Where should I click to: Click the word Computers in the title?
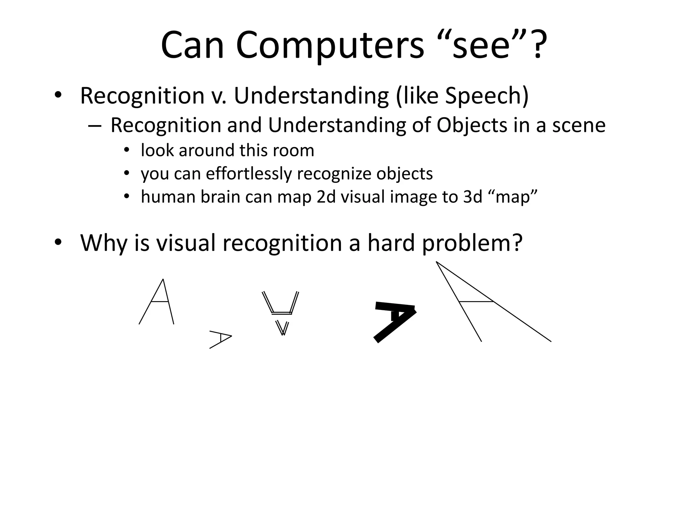(x=329, y=46)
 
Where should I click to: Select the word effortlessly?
(x=248, y=174)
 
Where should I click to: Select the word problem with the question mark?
(x=472, y=244)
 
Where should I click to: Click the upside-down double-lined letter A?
(x=280, y=303)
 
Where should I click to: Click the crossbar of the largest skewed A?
(x=476, y=301)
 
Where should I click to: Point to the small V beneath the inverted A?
(x=282, y=328)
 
